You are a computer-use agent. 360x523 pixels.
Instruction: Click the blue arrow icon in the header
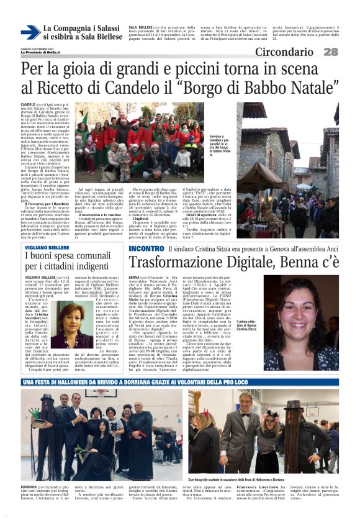pyautogui.click(x=30, y=32)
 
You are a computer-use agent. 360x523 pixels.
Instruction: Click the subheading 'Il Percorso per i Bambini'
pyautogui.click(x=47, y=186)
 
